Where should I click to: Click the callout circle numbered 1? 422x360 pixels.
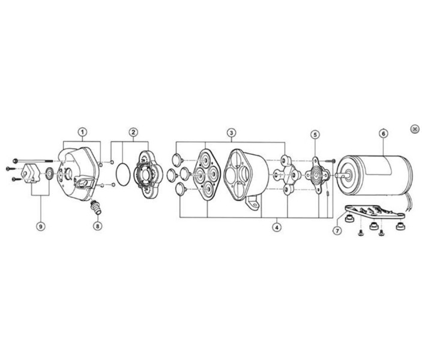pos(83,132)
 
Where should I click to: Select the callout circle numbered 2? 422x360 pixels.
pos(133,132)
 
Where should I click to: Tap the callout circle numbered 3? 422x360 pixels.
pos(231,133)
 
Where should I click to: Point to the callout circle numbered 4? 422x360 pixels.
pos(277,227)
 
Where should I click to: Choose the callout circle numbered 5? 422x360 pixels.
pos(315,134)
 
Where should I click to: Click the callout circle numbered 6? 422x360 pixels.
pos(383,133)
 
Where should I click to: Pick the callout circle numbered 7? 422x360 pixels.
pos(337,230)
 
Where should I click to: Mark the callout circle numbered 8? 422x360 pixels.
pos(98,226)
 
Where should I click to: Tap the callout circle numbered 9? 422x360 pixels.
pos(41,226)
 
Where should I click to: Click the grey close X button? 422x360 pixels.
pos(415,129)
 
